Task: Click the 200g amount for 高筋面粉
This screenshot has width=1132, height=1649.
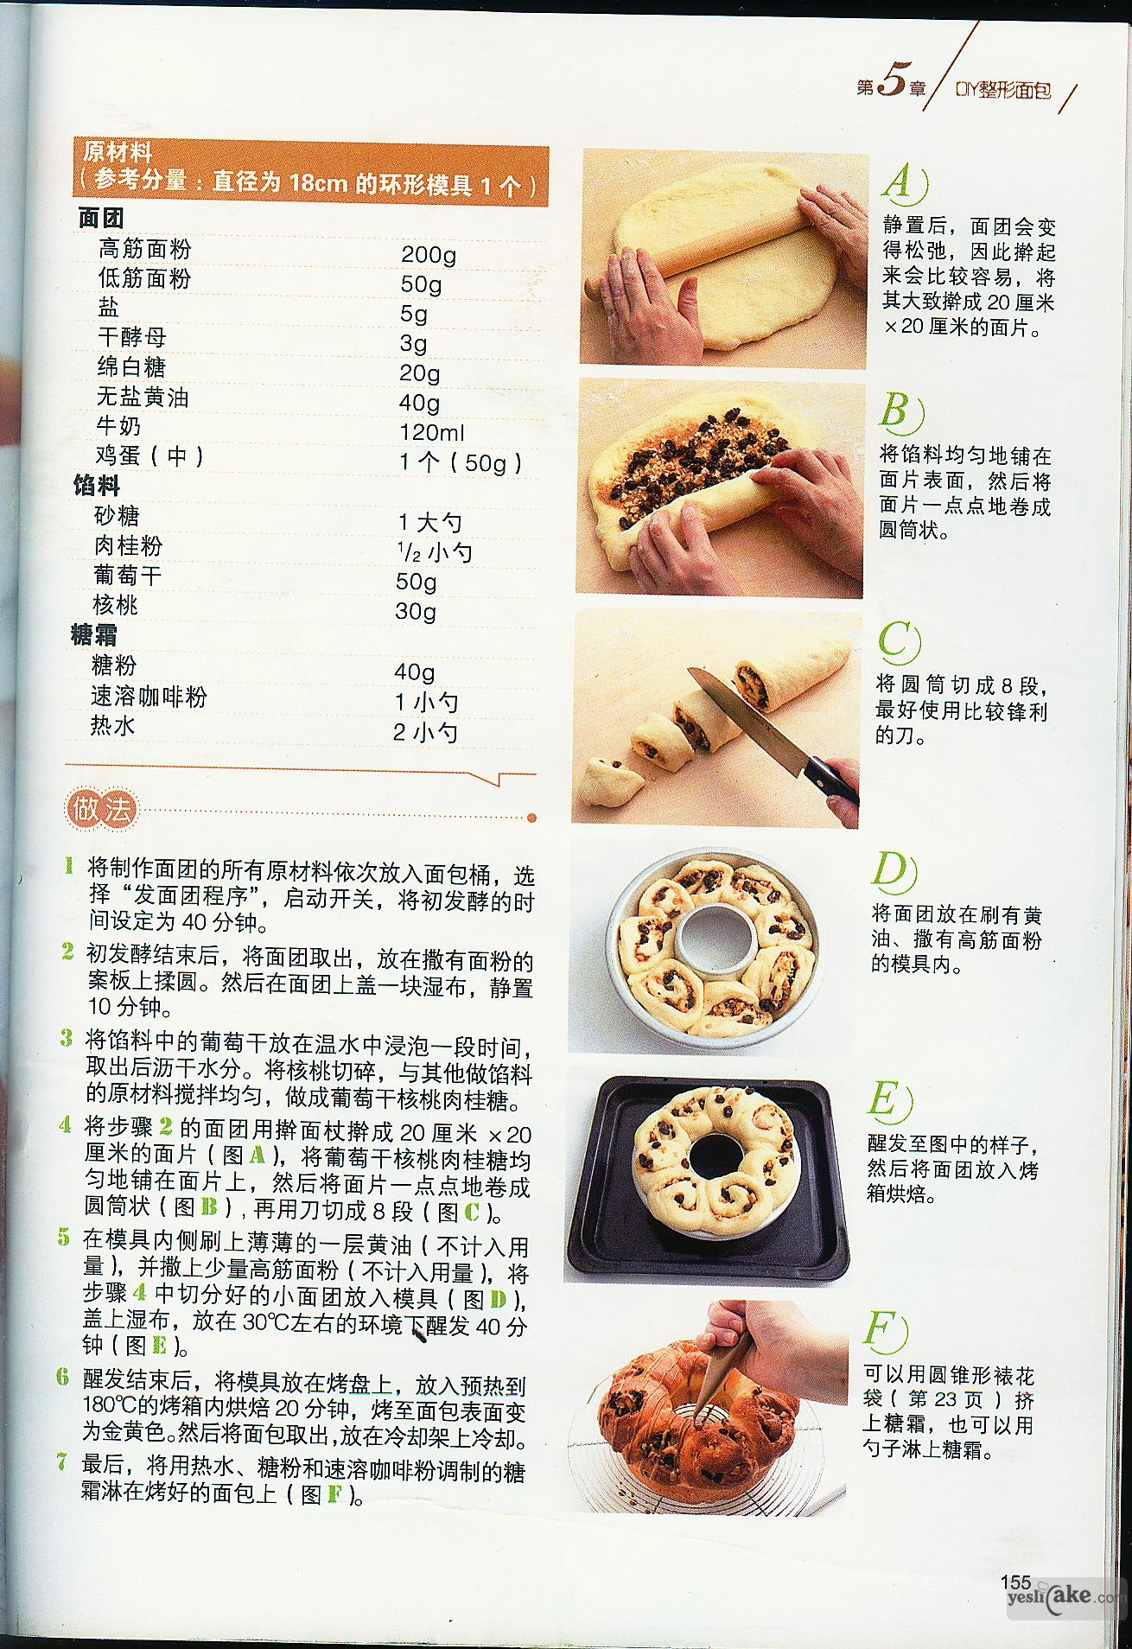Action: [429, 255]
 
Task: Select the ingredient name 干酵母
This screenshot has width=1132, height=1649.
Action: [132, 337]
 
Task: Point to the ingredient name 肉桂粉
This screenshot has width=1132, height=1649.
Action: [128, 546]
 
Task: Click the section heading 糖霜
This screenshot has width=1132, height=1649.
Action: [94, 635]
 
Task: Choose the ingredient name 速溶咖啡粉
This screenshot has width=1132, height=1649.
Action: [149, 697]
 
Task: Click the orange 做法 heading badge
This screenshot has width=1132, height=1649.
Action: [101, 810]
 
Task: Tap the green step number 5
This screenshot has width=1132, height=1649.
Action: [64, 1237]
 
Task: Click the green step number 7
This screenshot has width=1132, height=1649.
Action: [62, 1462]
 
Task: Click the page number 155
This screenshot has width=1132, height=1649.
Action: [1015, 1582]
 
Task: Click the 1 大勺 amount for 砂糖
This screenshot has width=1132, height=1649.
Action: [430, 522]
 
